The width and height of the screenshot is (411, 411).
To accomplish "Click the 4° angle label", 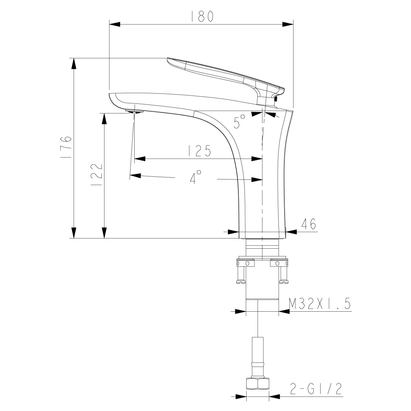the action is point(196,178).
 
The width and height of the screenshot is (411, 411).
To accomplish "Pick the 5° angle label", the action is point(239,122).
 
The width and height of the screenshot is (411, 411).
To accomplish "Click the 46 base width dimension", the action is point(308,224).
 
